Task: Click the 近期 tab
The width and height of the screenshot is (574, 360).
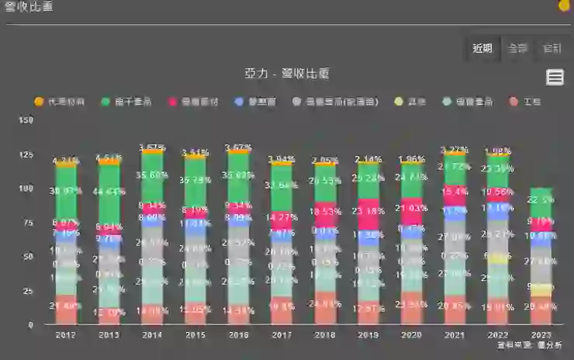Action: click(x=482, y=48)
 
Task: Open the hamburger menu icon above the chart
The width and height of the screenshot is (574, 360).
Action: click(x=555, y=77)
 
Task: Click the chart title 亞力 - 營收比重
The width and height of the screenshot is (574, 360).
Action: click(x=287, y=74)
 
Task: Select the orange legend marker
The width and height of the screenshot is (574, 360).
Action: click(x=40, y=102)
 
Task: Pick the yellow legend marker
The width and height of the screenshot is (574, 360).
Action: click(x=399, y=102)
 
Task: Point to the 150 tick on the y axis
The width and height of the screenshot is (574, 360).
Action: click(x=26, y=120)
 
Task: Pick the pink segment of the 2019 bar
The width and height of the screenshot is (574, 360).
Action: click(x=368, y=213)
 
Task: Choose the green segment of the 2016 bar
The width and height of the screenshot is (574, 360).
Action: click(x=239, y=178)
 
